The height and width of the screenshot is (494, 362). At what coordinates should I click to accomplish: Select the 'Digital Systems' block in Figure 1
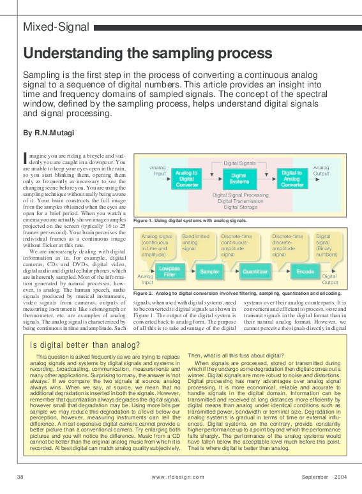tap(239, 179)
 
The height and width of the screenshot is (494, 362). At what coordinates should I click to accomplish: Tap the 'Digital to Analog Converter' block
tap(292, 179)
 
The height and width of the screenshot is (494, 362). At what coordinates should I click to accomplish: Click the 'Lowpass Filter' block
tap(169, 273)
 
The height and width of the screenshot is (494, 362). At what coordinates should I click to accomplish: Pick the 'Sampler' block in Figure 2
tap(209, 272)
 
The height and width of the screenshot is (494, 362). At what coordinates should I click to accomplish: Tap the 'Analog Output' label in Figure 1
tap(321, 170)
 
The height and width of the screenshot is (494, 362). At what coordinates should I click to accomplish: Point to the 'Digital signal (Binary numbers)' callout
tap(327, 245)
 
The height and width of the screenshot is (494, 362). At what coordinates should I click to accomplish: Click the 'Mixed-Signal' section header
tap(56, 27)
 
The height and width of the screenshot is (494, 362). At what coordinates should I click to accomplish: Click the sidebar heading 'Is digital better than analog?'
tap(86, 345)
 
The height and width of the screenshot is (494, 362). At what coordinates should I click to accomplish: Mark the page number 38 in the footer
tap(20, 477)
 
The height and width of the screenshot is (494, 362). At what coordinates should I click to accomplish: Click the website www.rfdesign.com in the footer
tap(178, 477)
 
